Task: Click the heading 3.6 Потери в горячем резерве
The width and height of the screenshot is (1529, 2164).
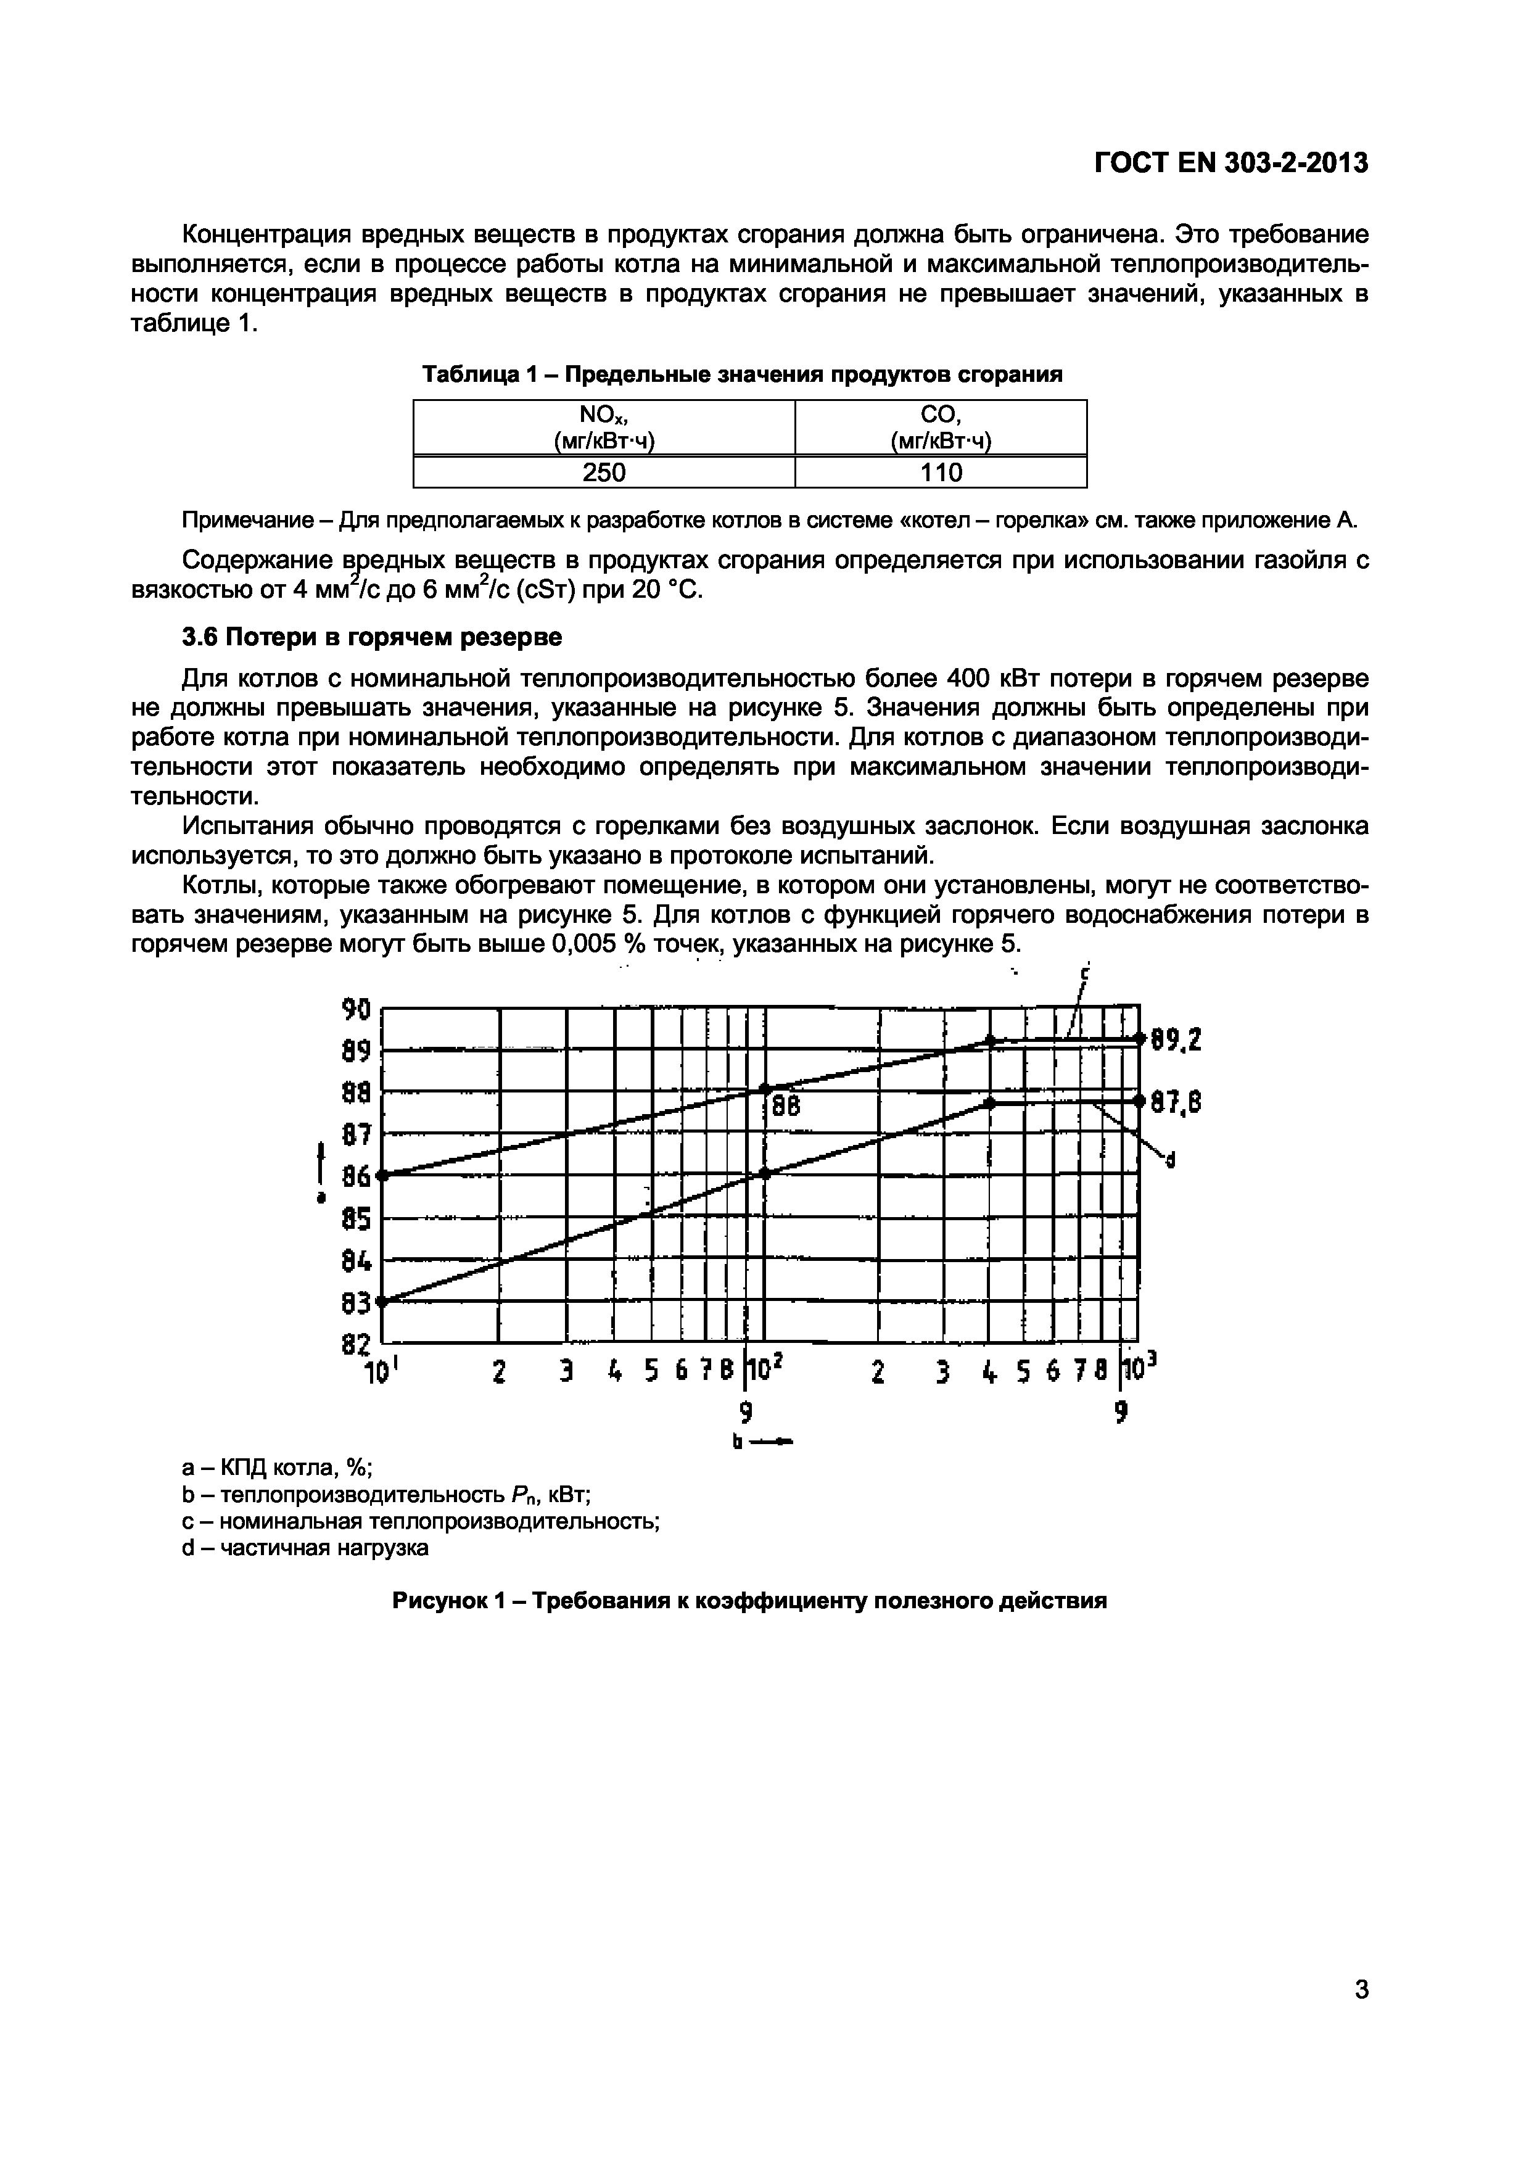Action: (x=371, y=637)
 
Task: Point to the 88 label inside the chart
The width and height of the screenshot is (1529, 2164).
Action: (x=786, y=1107)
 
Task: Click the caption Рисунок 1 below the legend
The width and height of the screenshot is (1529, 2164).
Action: (x=749, y=1600)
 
